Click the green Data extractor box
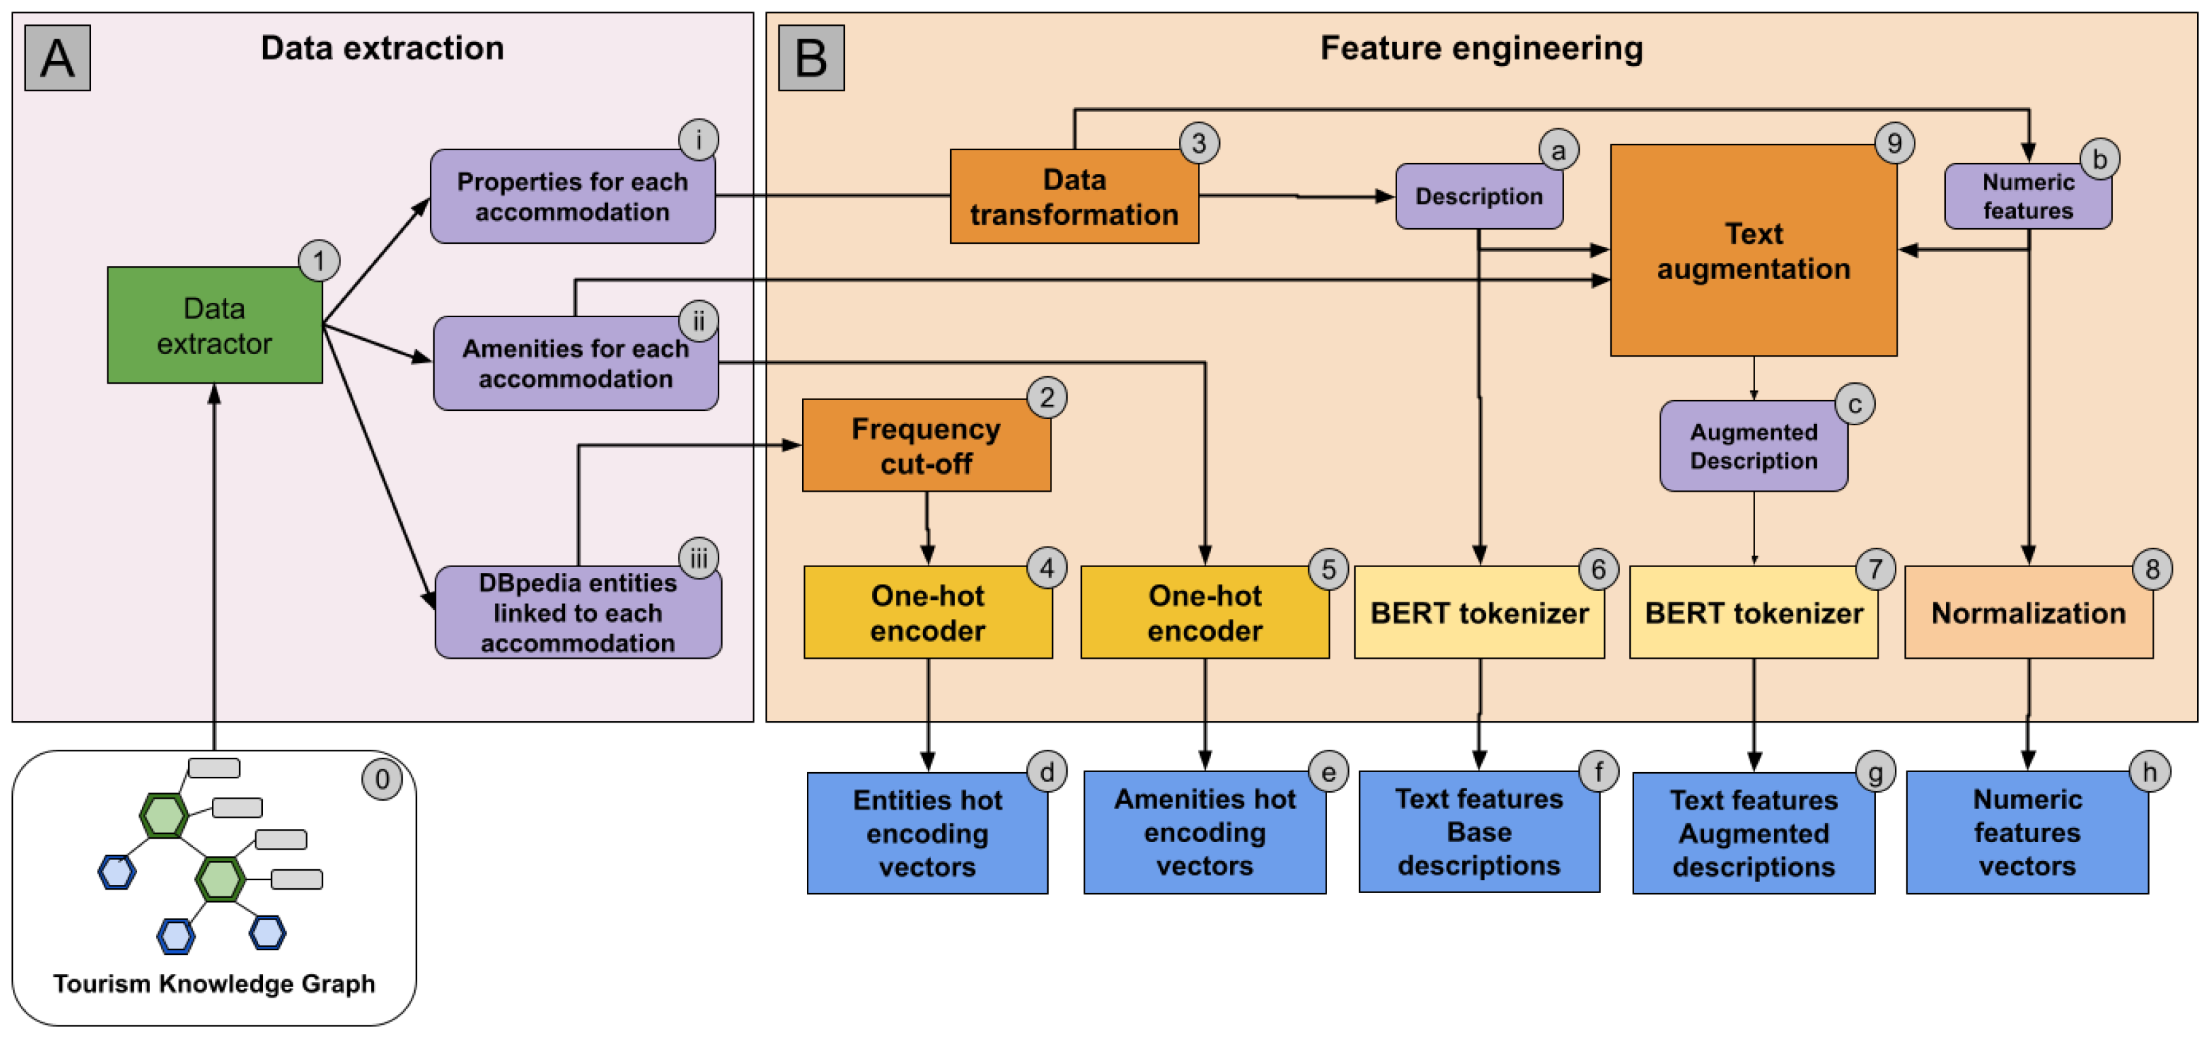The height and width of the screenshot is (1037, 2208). (x=215, y=326)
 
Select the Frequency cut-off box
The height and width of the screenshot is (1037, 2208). (x=926, y=445)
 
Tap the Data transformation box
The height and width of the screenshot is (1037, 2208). (x=1073, y=197)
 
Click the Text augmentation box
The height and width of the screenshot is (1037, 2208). (x=1753, y=250)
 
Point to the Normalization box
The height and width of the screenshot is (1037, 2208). (x=2028, y=613)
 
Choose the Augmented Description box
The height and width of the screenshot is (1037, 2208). (x=1753, y=446)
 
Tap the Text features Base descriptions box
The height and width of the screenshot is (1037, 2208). (x=1479, y=832)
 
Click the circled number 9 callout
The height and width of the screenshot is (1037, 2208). (x=1894, y=143)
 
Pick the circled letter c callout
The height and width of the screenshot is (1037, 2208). (x=1854, y=405)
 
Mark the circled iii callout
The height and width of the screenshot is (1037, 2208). (x=699, y=559)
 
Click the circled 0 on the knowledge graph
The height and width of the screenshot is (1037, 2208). (x=382, y=779)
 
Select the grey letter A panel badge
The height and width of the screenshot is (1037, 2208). (x=58, y=58)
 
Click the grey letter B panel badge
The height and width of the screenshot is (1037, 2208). (x=811, y=58)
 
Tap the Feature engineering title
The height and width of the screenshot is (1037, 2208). (x=1481, y=48)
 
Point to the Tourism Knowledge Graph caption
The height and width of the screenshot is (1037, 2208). (x=215, y=983)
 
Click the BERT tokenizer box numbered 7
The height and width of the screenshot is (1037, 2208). (x=1753, y=613)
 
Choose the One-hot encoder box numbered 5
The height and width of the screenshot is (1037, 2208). (x=1204, y=613)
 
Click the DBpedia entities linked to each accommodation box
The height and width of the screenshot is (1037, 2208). (x=578, y=613)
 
